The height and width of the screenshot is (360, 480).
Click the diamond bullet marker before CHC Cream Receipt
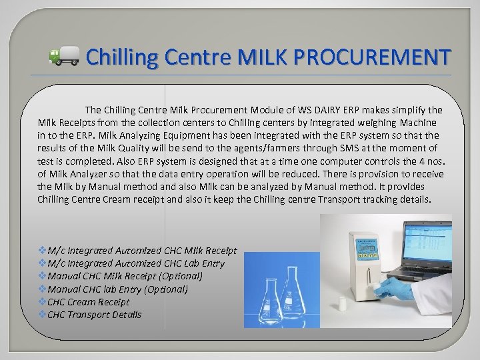tap(43, 302)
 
